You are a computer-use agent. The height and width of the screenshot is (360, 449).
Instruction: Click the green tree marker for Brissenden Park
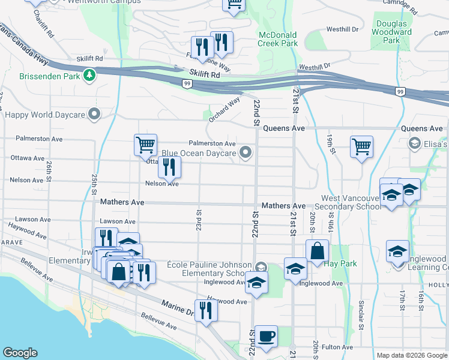click(89, 75)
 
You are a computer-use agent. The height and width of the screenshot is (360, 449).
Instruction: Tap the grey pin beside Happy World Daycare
click(94, 114)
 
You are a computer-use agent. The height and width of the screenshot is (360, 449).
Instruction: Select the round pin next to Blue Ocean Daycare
click(245, 153)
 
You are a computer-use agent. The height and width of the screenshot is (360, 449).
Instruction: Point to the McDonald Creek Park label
click(278, 40)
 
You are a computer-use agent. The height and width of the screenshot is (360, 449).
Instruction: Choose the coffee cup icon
click(266, 335)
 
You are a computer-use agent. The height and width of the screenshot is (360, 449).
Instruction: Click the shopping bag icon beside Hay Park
click(317, 251)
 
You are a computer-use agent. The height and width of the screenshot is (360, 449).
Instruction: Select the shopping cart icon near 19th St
click(361, 146)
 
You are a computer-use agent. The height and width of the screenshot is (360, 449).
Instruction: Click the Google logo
click(20, 353)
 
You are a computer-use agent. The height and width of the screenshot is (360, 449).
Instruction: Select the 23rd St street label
click(198, 219)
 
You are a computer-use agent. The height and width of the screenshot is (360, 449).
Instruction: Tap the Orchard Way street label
click(224, 109)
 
